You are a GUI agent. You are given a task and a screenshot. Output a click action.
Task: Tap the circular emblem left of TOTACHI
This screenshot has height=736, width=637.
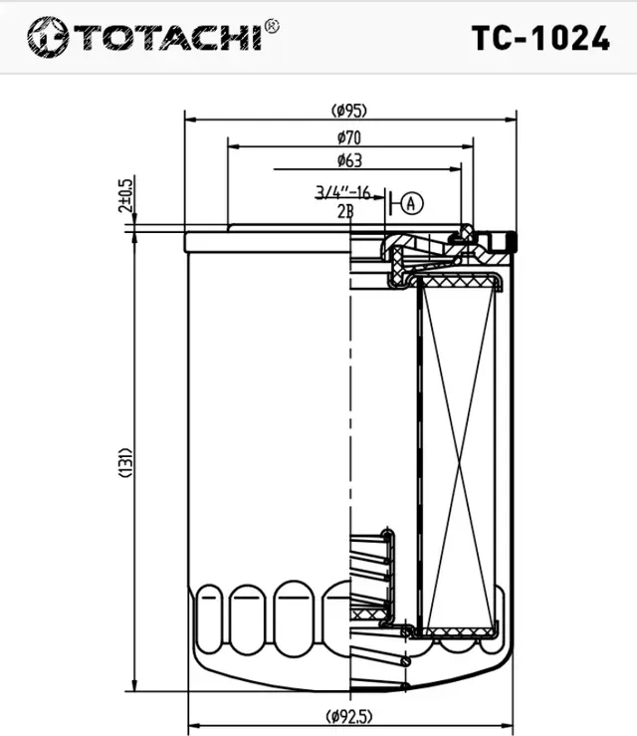(x=46, y=37)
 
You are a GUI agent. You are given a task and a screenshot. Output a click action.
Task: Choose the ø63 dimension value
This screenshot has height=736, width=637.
(x=349, y=160)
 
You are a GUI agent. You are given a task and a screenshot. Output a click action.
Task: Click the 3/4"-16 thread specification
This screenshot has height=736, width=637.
(x=343, y=192)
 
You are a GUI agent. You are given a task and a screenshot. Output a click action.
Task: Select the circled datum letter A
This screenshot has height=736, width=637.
(x=412, y=203)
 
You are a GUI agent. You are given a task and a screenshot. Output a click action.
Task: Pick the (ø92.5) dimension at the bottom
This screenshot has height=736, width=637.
(x=349, y=715)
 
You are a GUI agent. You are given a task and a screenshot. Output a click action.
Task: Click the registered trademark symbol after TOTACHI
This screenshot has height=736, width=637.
(x=273, y=25)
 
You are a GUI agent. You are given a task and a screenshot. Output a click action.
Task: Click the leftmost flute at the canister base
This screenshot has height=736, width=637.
(x=211, y=617)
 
